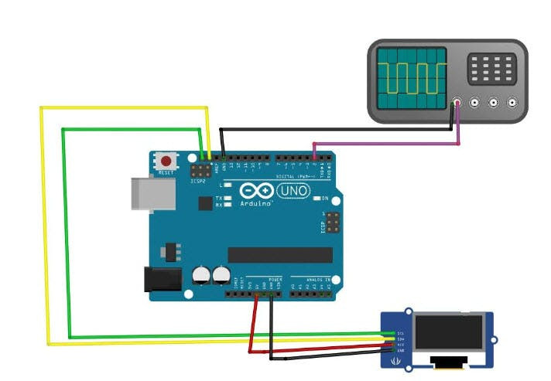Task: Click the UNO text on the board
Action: (293, 189)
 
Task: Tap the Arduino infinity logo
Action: (256, 190)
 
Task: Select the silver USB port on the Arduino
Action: (148, 194)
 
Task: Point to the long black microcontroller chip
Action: (279, 255)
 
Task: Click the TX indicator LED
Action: (228, 199)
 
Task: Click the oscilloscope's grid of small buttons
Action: (491, 69)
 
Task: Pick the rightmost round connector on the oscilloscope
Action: (512, 101)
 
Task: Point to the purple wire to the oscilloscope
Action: (387, 143)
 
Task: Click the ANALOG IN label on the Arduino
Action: (317, 278)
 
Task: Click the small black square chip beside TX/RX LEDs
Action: (205, 203)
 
